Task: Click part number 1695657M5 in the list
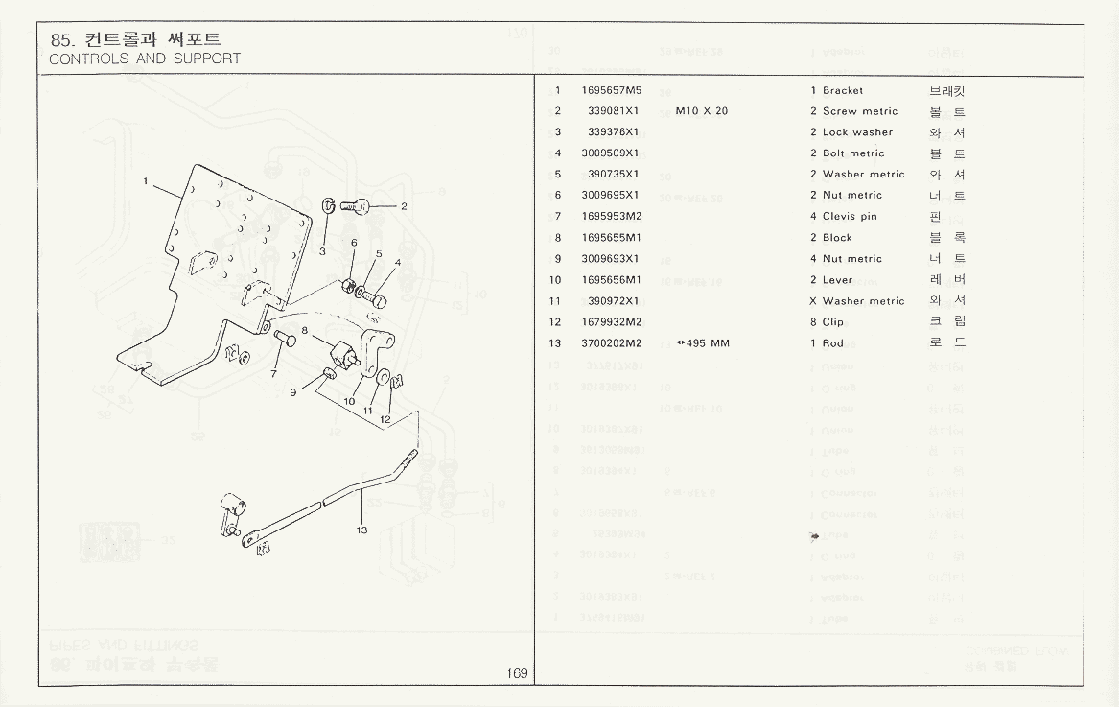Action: click(611, 91)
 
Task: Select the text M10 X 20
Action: click(701, 111)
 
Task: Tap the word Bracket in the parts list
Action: click(843, 91)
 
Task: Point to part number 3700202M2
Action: click(611, 343)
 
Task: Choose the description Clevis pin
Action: click(850, 217)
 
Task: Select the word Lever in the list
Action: click(837, 280)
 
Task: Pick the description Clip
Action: click(833, 322)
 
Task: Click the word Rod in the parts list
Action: click(832, 343)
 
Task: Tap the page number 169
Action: click(518, 673)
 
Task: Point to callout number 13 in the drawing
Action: click(361, 530)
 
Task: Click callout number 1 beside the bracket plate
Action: click(146, 180)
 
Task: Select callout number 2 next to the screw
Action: click(404, 206)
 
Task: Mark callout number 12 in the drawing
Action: click(385, 419)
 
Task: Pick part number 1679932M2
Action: click(611, 322)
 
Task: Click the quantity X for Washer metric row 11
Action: click(813, 301)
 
